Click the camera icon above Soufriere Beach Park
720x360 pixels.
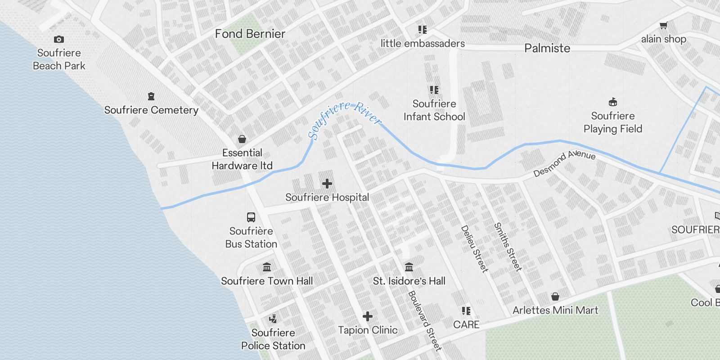coord(59,40)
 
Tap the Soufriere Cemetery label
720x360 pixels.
coord(151,110)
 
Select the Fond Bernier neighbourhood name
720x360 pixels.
coord(250,34)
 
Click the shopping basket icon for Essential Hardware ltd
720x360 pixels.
coord(242,139)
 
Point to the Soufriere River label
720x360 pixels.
coord(344,118)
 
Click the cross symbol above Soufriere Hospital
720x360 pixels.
coord(327,184)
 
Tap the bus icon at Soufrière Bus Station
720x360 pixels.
coord(251,217)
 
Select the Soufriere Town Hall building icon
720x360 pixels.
coord(267,267)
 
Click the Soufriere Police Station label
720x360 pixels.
coord(273,339)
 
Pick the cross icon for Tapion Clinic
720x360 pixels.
coord(368,317)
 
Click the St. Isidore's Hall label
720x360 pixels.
coord(409,281)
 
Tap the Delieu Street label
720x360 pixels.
coord(474,249)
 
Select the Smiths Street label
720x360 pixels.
coord(508,247)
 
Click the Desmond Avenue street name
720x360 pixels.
coord(564,163)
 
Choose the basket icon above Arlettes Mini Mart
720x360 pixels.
coord(555,297)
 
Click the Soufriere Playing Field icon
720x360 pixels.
coord(612,102)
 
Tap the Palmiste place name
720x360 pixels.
coord(547,48)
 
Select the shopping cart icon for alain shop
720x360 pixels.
coord(663,25)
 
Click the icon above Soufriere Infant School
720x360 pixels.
coord(434,90)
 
